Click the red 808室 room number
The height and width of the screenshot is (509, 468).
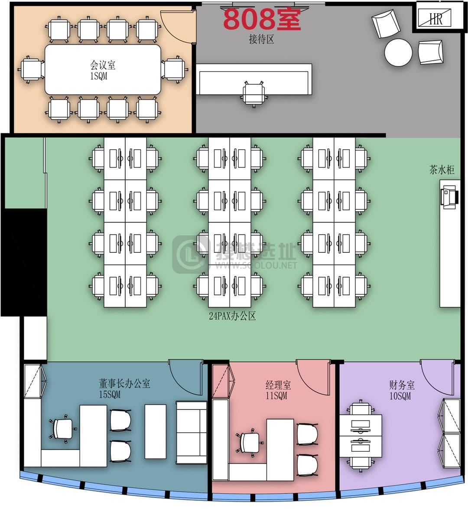[262, 19]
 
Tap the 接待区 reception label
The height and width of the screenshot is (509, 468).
[261, 39]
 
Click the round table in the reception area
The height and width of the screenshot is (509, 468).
[398, 52]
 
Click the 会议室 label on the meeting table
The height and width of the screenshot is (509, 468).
[103, 65]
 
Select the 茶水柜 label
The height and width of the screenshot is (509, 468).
[442, 170]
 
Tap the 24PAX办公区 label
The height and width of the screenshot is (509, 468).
[232, 316]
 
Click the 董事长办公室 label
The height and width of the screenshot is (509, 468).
[125, 383]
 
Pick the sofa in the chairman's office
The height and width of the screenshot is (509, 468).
[192, 433]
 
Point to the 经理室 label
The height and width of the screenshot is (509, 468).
[278, 385]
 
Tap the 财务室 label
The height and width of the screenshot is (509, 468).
[402, 385]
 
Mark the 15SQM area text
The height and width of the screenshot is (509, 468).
[110, 395]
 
